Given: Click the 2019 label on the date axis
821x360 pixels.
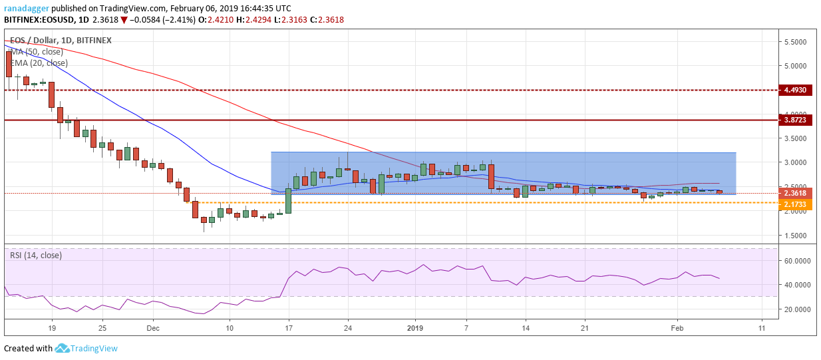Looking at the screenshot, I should (415, 328).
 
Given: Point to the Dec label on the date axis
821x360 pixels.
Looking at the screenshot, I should (152, 328).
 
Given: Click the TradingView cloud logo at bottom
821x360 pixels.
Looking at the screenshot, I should (63, 348).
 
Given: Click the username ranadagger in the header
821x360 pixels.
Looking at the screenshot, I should (29, 8).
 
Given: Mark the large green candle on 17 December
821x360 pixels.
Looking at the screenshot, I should (288, 200).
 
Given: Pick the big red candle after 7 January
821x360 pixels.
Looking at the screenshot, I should (491, 176).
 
